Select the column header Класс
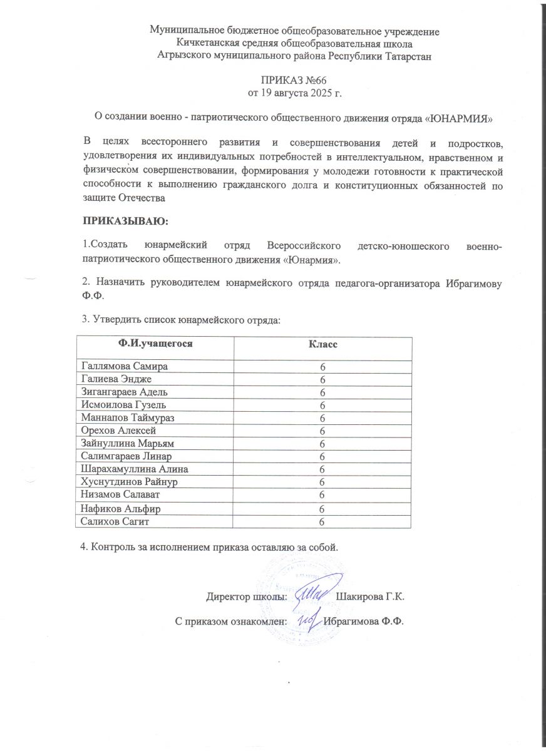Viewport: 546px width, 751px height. [x=322, y=344]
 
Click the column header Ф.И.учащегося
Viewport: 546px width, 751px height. [x=155, y=344]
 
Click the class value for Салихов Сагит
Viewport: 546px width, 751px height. [x=322, y=521]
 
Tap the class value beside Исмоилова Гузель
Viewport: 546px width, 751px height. [x=322, y=405]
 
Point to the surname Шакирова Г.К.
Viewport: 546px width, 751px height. [x=370, y=596]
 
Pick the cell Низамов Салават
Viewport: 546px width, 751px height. [x=117, y=494]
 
